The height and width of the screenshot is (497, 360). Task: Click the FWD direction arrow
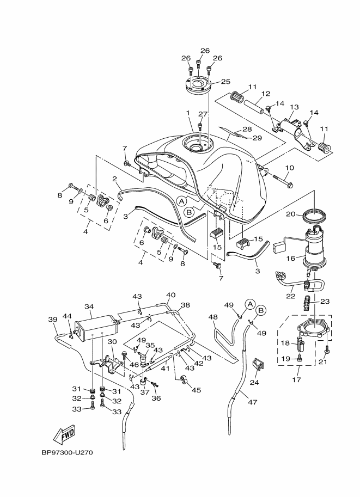coord(64,434)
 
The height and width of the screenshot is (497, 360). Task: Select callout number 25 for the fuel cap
coord(225,82)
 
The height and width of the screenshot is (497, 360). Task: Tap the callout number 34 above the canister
coord(89,306)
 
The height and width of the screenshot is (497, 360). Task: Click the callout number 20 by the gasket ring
coord(290,214)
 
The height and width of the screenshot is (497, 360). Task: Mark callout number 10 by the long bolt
coord(289,168)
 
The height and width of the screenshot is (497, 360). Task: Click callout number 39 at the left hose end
coord(53,319)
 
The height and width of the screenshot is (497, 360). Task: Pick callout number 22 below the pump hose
coord(291,296)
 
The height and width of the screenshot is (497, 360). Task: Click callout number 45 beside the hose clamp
coord(197,390)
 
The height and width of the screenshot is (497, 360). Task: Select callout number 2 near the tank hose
coord(115,179)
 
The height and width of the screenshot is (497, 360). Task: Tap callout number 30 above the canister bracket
coord(112,341)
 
